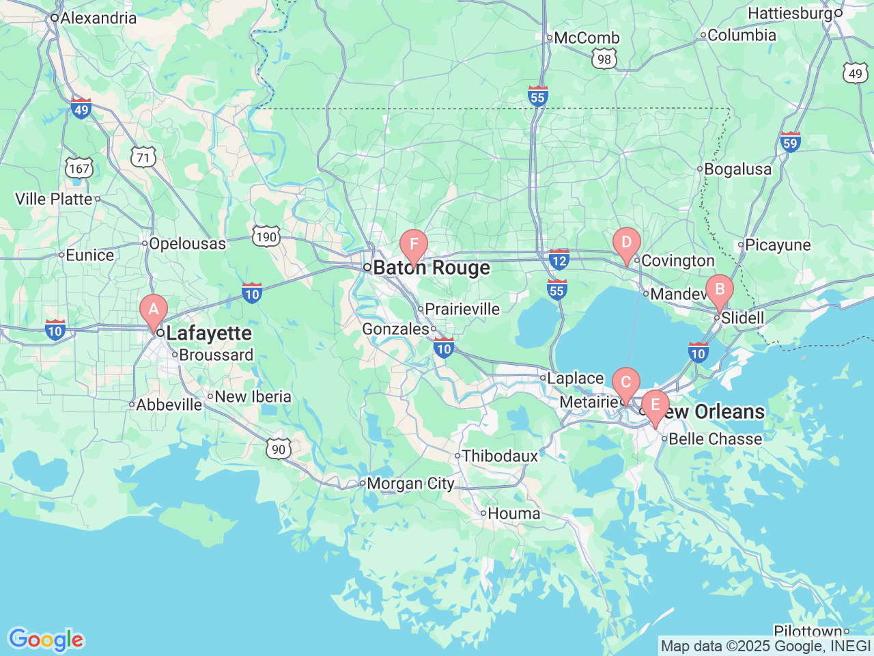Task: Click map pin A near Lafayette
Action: (x=154, y=310)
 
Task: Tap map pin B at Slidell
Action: (x=719, y=290)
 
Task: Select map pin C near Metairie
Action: (x=625, y=383)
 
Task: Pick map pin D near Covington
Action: (x=626, y=243)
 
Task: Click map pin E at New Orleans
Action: (x=655, y=406)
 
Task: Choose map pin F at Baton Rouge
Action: (x=414, y=245)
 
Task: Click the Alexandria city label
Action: (x=98, y=18)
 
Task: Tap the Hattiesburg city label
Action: (x=790, y=13)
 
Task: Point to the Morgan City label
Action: (x=410, y=484)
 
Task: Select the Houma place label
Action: (x=513, y=513)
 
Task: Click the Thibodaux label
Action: (x=500, y=456)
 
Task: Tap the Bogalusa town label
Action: (x=737, y=169)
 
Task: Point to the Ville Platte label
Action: (x=54, y=199)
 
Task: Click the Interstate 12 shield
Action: (x=559, y=260)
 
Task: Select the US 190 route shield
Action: (x=266, y=237)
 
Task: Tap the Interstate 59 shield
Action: (x=790, y=142)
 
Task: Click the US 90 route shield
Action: (x=278, y=449)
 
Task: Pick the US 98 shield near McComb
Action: (x=604, y=59)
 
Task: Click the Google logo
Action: (x=45, y=640)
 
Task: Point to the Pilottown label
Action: (x=808, y=631)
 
